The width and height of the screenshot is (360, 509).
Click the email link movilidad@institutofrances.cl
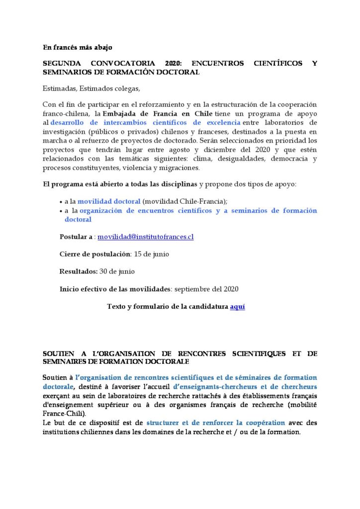[x=145, y=237]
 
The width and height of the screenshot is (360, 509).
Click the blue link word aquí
[x=237, y=306]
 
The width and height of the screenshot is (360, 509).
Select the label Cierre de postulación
[x=94, y=254]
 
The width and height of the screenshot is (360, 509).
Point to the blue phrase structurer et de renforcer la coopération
[x=216, y=423]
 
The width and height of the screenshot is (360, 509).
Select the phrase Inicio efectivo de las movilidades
[x=115, y=289]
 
